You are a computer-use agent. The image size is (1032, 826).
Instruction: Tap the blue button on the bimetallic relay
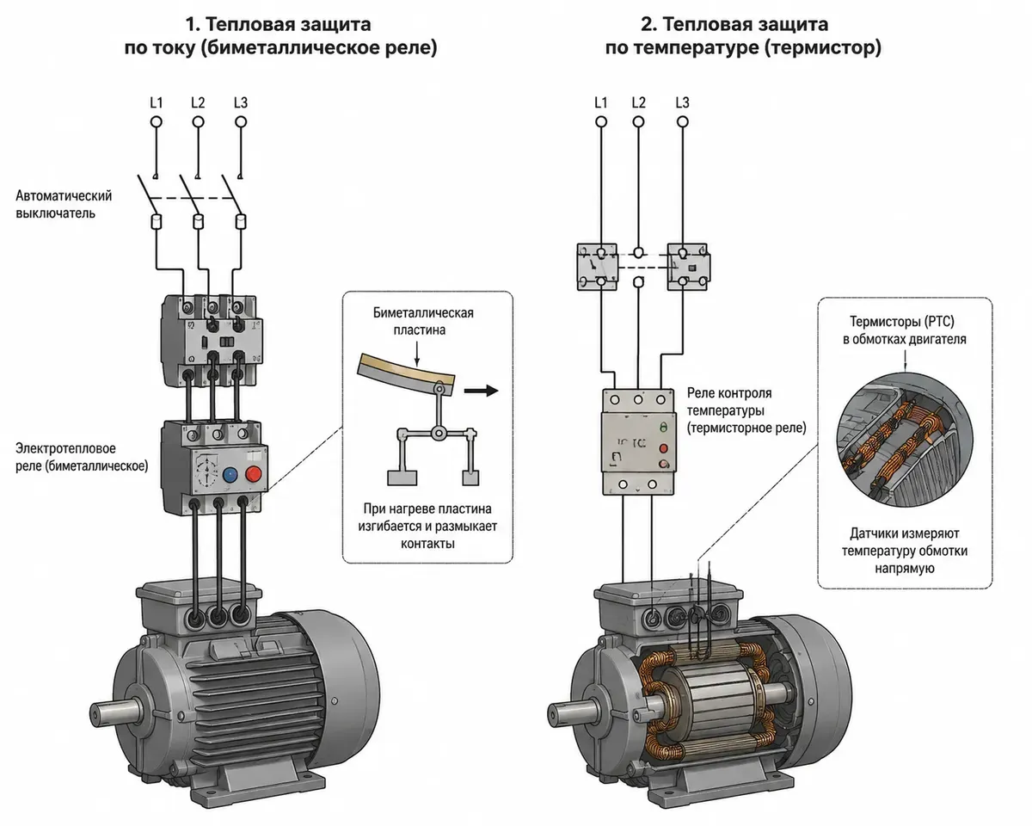pyautogui.click(x=230, y=475)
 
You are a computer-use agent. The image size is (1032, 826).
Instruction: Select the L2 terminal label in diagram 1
pyautogui.click(x=198, y=102)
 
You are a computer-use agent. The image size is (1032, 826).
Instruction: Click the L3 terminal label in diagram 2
pyautogui.click(x=682, y=102)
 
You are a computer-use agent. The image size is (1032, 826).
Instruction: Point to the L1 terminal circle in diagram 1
pyautogui.click(x=156, y=122)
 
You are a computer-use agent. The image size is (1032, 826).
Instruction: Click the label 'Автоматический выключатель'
pyautogui.click(x=64, y=205)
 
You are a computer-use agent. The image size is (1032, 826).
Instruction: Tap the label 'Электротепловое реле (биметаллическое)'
pyautogui.click(x=82, y=457)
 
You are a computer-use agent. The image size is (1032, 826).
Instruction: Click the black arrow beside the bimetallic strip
pyautogui.click(x=481, y=391)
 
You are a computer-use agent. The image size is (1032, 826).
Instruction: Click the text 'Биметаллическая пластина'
pyautogui.click(x=423, y=322)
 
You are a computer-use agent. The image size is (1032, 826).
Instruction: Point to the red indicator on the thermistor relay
pyautogui.click(x=663, y=448)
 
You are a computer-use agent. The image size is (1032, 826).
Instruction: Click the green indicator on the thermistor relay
pyautogui.click(x=664, y=426)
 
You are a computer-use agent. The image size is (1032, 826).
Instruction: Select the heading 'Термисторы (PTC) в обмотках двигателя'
pyautogui.click(x=905, y=330)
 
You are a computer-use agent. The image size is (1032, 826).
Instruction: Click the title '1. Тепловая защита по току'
pyautogui.click(x=280, y=36)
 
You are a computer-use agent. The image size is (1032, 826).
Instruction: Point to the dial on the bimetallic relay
pyautogui.click(x=206, y=471)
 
